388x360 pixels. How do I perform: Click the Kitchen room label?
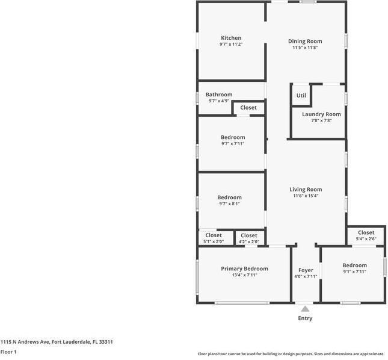231,38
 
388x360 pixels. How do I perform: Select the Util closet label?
301,95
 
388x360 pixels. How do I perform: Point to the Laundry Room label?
321,114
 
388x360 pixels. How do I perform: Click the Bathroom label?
219,95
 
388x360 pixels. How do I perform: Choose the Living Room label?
306,189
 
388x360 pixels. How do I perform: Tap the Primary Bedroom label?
244,268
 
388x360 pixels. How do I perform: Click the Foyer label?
306,270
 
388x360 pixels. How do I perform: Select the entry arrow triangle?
305,309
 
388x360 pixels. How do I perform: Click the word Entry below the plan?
305,318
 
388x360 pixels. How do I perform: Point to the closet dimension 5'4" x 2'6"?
366,239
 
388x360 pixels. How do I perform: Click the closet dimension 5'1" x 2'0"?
214,241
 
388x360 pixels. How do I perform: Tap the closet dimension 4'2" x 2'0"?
248,241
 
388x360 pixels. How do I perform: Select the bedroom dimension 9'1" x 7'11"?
354,272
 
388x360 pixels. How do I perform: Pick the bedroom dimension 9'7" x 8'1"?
229,203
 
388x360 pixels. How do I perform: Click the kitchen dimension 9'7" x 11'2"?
231,45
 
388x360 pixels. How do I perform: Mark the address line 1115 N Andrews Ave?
57,342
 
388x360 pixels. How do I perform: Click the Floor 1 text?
8,352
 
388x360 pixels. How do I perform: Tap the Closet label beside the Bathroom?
248,108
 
